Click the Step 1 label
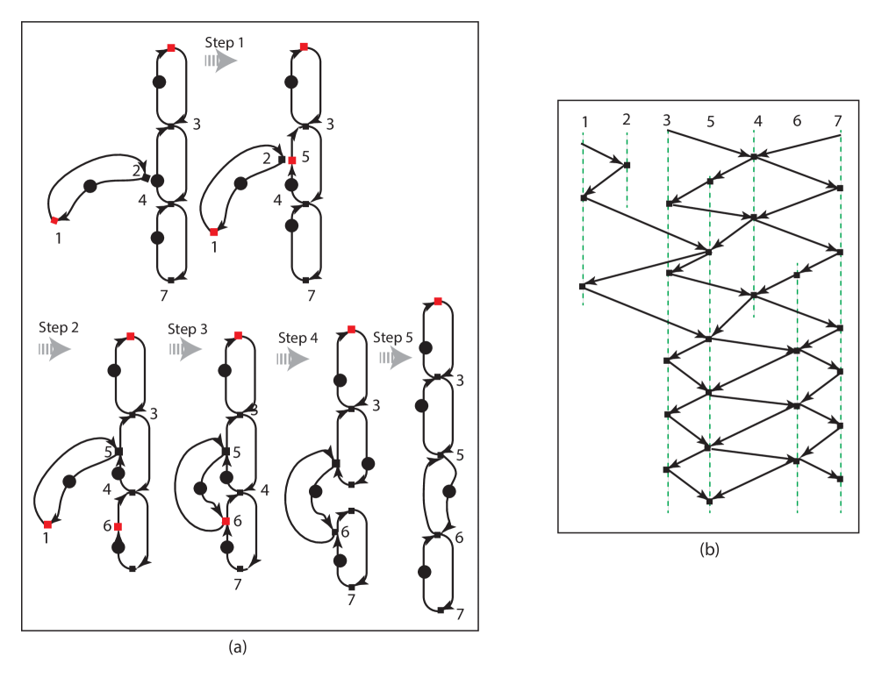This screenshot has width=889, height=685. (x=225, y=42)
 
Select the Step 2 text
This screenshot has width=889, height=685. (x=59, y=327)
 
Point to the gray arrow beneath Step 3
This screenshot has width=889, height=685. (x=187, y=349)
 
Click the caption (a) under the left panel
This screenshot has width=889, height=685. (x=237, y=647)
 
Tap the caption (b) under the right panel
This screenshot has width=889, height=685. (x=709, y=550)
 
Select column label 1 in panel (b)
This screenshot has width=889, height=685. (x=584, y=121)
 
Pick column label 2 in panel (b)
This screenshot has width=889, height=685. (x=626, y=119)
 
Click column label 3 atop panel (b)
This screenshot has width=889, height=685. (x=667, y=120)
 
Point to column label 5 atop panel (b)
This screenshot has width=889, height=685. (x=710, y=123)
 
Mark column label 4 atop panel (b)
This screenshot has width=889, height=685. (x=757, y=121)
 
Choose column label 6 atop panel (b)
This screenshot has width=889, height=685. (x=797, y=121)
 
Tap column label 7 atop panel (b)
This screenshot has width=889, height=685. (x=838, y=120)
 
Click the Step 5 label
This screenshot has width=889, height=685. (x=393, y=338)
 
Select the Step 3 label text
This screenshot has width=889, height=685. (x=188, y=329)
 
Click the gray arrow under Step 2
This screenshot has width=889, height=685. (x=55, y=349)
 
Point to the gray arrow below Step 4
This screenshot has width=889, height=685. (x=294, y=358)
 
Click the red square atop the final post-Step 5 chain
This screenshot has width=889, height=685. (x=438, y=302)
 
